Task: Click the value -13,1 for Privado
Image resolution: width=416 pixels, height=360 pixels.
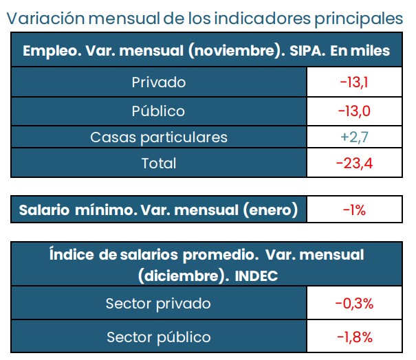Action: coord(354,82)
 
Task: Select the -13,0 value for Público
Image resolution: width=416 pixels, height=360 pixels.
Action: coord(354,110)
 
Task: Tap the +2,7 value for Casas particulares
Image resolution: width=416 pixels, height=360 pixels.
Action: coord(355,137)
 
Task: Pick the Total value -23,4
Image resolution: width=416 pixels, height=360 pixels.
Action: coord(354,164)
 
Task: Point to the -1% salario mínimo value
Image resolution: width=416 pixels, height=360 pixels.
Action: coord(354,210)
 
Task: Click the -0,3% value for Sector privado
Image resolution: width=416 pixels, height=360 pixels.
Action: coord(354,303)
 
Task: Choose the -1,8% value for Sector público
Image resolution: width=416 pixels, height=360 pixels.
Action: coord(354,337)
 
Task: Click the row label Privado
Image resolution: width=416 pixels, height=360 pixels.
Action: coord(159,82)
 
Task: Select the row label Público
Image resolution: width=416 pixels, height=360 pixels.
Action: coord(159,110)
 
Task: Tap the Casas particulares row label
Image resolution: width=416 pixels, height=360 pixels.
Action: coord(159,137)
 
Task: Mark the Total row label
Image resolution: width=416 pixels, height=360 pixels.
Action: coord(159,164)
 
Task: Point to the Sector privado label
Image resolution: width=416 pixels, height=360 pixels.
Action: coord(159,303)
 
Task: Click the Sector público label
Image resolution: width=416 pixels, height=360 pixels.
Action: coord(159,337)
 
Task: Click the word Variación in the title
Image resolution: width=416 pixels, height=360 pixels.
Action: coord(42,19)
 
